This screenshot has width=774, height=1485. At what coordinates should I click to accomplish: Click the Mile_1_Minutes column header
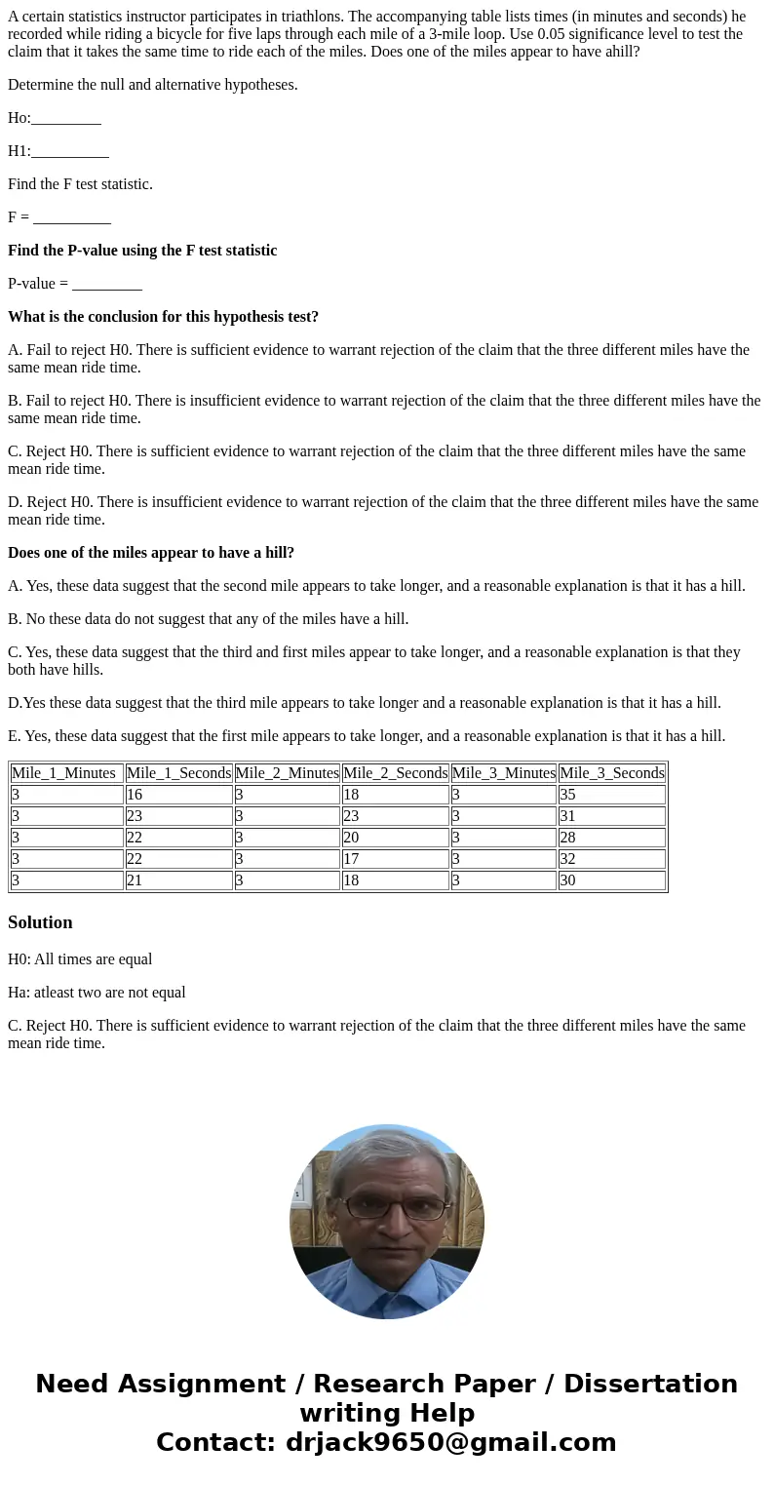point(66,773)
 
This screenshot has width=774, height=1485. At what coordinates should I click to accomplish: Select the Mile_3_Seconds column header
point(611,773)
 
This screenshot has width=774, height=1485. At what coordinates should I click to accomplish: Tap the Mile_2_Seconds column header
point(395,773)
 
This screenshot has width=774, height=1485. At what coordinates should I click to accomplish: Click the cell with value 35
point(611,795)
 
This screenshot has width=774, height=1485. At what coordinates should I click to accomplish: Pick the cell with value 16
point(178,795)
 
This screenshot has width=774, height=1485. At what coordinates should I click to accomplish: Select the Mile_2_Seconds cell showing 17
point(395,859)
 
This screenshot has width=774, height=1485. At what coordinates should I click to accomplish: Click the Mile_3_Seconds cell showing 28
point(611,838)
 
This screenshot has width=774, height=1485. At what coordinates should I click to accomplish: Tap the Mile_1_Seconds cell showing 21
point(178,880)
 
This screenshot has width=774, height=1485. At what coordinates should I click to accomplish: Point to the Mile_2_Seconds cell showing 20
point(395,838)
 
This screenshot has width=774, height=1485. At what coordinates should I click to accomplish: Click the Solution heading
point(40,922)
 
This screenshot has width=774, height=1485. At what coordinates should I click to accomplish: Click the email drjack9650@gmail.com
point(450,1443)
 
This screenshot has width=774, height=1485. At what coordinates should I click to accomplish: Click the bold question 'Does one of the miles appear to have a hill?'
point(151,553)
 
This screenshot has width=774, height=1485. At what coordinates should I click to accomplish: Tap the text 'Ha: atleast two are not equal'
point(97,993)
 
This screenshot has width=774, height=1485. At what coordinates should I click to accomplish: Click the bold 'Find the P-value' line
point(142,251)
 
